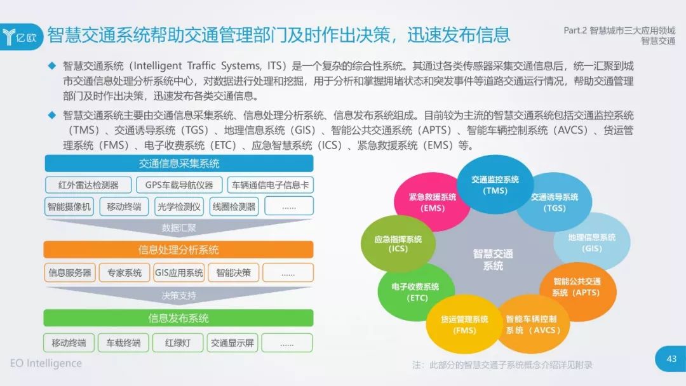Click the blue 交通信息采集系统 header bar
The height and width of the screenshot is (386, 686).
(179, 164)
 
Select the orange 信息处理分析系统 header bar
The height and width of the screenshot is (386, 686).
(178, 250)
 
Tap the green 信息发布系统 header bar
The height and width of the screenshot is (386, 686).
(178, 318)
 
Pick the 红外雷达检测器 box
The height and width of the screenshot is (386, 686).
(88, 185)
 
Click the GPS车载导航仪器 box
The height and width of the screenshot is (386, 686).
(179, 185)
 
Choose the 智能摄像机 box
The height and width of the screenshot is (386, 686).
(69, 206)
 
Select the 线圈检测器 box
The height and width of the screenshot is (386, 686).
(234, 206)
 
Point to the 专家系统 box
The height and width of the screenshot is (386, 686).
(124, 273)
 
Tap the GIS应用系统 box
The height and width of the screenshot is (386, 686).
(179, 273)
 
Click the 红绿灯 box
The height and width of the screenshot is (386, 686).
(178, 343)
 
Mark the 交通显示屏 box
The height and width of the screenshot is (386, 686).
(232, 343)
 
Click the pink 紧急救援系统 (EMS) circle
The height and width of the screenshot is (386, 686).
(433, 202)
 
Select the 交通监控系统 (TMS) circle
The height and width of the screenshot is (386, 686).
(495, 185)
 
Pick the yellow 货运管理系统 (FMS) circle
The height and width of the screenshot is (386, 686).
(464, 324)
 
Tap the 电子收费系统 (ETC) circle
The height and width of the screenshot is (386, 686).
(416, 291)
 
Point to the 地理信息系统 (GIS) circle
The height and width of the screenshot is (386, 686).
(592, 243)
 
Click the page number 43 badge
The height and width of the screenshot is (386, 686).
(671, 359)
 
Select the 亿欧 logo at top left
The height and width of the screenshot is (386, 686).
(20, 37)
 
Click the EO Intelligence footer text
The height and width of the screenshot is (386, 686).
(46, 363)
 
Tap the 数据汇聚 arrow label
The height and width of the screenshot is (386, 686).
(178, 228)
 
